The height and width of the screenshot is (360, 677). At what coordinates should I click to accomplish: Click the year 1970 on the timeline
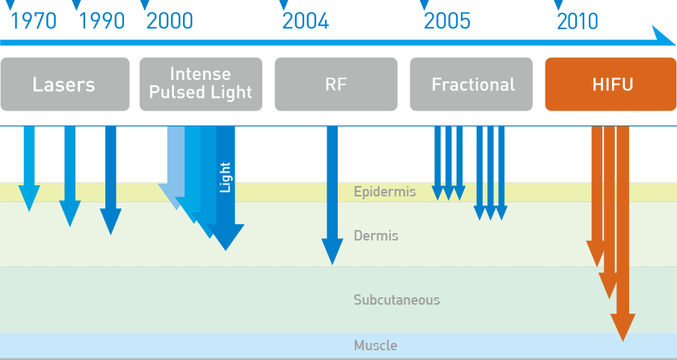coord(33,21)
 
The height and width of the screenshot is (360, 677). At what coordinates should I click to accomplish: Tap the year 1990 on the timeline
coord(102,21)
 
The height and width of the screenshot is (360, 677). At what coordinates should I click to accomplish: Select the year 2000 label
coord(170,21)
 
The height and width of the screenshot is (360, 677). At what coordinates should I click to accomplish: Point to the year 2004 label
coord(306,21)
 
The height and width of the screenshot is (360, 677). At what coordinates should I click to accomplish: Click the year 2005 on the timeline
coord(448,21)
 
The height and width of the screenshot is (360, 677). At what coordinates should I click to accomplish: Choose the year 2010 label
coord(578,21)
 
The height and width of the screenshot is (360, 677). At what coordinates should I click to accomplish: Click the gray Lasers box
coord(65,84)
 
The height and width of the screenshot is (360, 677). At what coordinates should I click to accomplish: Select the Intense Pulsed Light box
coord(201,84)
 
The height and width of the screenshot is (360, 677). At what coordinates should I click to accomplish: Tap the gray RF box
coord(336,84)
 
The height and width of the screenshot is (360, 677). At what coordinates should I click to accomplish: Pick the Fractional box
coord(471,84)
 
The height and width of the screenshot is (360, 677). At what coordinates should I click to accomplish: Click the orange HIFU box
coord(610,84)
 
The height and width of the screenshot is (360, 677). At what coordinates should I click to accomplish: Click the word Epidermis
coord(385,192)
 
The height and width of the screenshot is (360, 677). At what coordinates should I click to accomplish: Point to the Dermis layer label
coord(376,236)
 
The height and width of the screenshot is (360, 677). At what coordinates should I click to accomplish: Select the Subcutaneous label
coord(397,300)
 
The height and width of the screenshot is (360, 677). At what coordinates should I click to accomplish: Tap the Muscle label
coord(376,345)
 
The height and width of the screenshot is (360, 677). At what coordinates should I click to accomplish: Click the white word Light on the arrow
coord(226,177)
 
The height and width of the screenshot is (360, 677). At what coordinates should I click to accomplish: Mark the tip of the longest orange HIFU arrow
coord(622,341)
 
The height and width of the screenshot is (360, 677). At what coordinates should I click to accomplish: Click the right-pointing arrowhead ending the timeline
coord(664,36)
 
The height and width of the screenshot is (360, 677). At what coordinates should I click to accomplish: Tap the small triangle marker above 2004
coord(284,4)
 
